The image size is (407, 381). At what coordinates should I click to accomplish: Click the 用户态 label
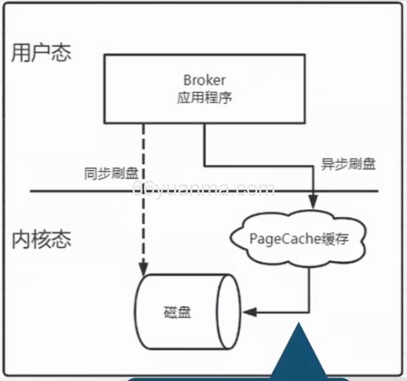click(41, 52)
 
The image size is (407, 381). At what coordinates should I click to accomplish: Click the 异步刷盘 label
click(348, 164)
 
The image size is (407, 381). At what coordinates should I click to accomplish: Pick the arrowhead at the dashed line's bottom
click(143, 265)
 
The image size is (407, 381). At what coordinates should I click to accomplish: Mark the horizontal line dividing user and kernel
click(65, 191)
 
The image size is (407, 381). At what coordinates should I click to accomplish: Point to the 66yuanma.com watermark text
click(203, 189)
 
